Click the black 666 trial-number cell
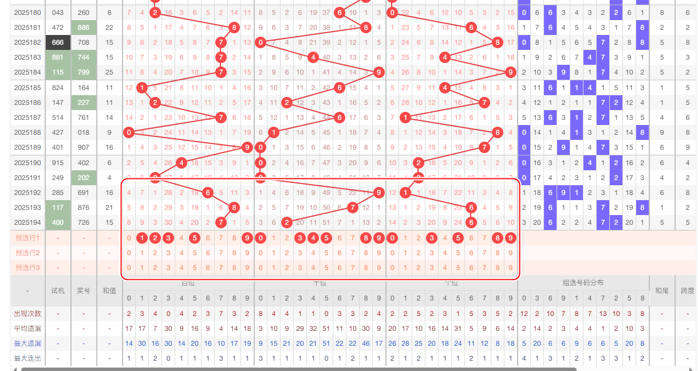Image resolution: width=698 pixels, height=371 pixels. pyautogui.click(x=58, y=42)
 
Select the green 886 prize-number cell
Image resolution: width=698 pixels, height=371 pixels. pyautogui.click(x=84, y=27)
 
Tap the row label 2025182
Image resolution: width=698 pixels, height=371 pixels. pyautogui.click(x=27, y=42)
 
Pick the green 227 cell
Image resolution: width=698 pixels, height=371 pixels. pyautogui.click(x=84, y=103)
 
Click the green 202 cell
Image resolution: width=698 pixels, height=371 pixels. pyautogui.click(x=84, y=178)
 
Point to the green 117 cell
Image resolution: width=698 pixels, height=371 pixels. pyautogui.click(x=58, y=208)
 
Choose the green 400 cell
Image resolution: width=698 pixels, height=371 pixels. pyautogui.click(x=58, y=222)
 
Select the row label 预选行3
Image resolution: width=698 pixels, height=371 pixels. pyautogui.click(x=27, y=268)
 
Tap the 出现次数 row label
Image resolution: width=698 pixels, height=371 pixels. pyautogui.click(x=27, y=314)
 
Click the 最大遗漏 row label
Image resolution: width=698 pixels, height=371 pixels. pyautogui.click(x=27, y=343)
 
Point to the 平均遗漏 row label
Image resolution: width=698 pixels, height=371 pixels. pyautogui.click(x=27, y=329)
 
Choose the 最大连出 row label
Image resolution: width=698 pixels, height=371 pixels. pyautogui.click(x=27, y=358)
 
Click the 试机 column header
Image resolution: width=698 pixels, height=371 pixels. pyautogui.click(x=58, y=291)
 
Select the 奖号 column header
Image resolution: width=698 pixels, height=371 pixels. pyautogui.click(x=84, y=291)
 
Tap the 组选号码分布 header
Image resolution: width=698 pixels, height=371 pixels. pyautogui.click(x=583, y=283)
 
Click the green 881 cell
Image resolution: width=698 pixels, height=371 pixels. pyautogui.click(x=58, y=57)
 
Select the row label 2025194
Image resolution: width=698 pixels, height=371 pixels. pyautogui.click(x=27, y=222)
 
